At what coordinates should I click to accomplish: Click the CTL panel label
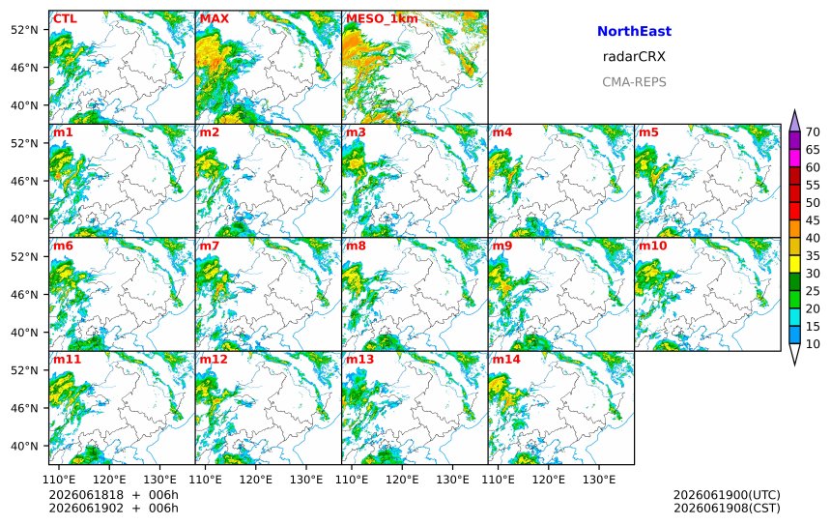pos(65,18)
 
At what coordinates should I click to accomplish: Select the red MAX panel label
pos(215,18)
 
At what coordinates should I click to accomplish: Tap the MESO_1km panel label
pos(382,19)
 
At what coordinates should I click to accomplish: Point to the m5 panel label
pos(648,132)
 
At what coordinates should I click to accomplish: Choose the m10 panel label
pos(652,246)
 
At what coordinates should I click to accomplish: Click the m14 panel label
pos(506,359)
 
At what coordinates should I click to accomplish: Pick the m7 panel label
pos(210,246)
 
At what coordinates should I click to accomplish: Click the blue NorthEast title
pos(634,31)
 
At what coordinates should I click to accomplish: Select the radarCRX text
pos(634,57)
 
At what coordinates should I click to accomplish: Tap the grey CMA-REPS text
pos(634,82)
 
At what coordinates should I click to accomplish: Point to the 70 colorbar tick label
pos(813,132)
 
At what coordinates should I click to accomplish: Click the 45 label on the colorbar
pos(813,220)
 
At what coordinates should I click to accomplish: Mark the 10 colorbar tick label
pos(813,344)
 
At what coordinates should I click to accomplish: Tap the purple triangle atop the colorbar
pos(794,121)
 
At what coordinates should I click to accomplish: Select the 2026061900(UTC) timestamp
pos(727,495)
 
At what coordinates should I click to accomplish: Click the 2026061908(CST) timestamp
pos(727,508)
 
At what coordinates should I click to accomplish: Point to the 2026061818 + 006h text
pos(113,495)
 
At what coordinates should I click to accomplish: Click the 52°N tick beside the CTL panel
pos(24,30)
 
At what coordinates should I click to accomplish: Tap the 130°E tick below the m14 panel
pos(599,480)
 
